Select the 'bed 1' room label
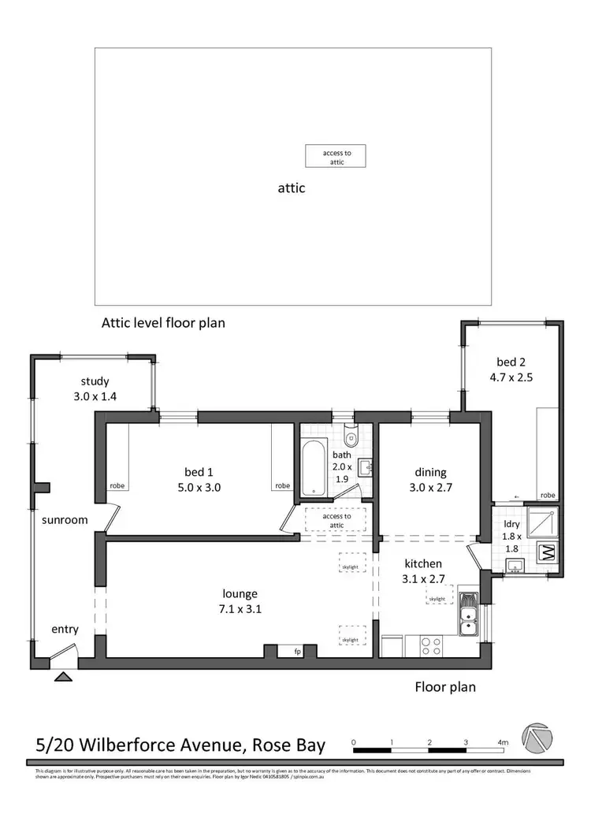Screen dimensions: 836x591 point(199,472)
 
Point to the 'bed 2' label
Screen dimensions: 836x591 point(510,362)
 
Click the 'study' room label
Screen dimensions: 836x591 point(95,382)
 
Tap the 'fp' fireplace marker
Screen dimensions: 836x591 point(297,652)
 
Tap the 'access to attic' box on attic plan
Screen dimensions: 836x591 point(336,157)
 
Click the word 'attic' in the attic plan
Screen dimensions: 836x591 point(292,188)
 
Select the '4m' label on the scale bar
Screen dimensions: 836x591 point(503,742)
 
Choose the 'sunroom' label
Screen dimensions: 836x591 point(65,520)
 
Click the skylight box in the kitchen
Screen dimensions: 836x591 point(437,599)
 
